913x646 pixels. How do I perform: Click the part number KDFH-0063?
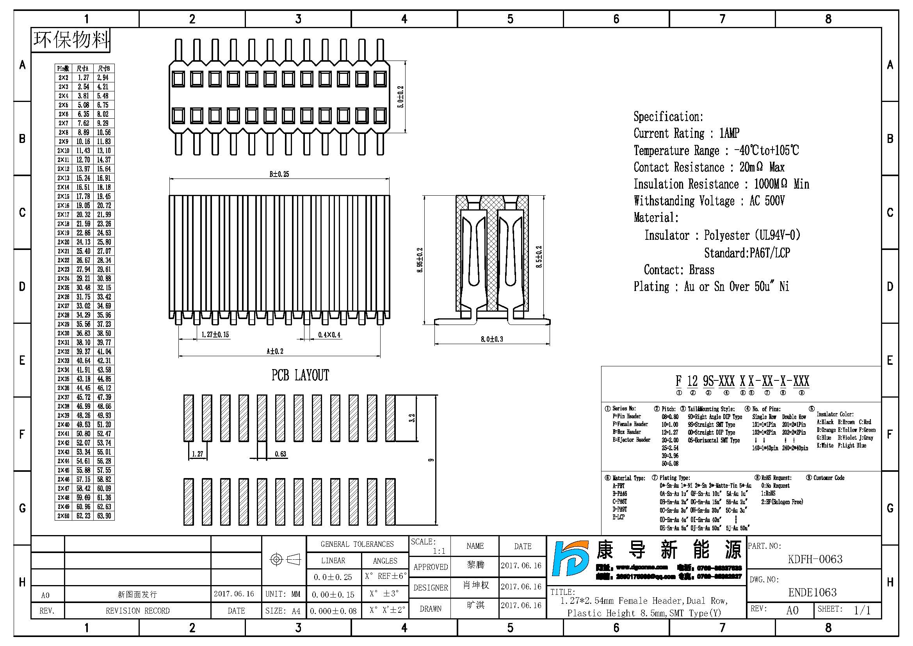point(815,559)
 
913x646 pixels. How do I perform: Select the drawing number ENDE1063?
point(812,593)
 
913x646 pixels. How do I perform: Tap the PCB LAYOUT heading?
point(300,375)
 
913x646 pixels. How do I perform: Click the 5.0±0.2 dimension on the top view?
point(401,97)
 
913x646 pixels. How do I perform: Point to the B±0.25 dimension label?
point(279,174)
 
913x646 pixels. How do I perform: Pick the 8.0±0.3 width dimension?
point(491,339)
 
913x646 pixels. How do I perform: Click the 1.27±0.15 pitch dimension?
point(215,335)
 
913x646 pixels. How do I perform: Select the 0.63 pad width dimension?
point(280,454)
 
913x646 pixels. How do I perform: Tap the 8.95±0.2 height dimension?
point(420,260)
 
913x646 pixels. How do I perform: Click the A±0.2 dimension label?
point(275,351)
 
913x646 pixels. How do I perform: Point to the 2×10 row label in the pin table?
point(63,151)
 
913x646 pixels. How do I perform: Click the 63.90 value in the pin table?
point(104,516)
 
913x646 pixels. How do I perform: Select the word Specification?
point(668,116)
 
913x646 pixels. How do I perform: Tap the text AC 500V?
point(767,201)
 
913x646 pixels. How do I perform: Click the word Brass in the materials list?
point(701,270)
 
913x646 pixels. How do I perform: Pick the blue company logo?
point(570,559)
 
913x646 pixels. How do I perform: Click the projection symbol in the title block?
point(285,560)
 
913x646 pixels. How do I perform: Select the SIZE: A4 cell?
point(283,611)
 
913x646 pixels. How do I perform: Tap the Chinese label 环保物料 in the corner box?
point(71,40)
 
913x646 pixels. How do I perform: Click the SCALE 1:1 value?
point(439,551)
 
